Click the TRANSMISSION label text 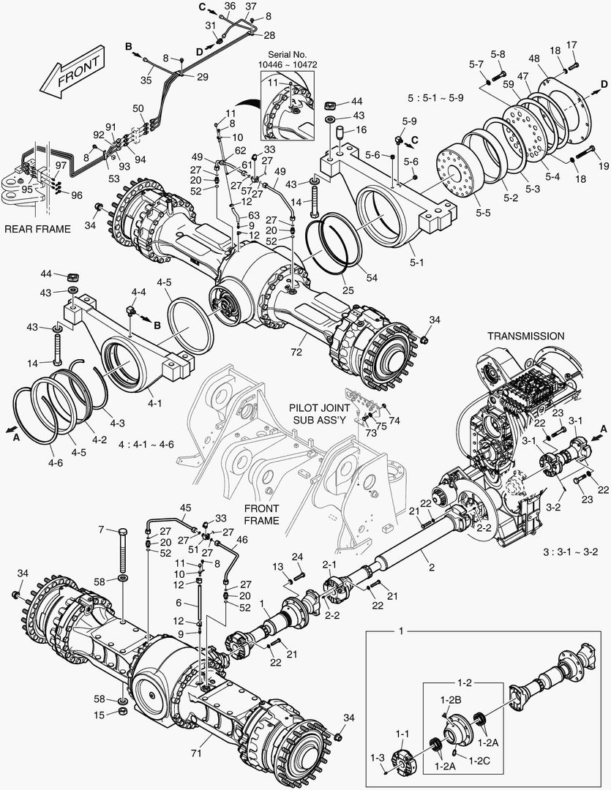coord(527,336)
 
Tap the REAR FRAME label coord(37,229)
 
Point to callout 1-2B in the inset coord(449,700)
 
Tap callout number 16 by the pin coord(360,129)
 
